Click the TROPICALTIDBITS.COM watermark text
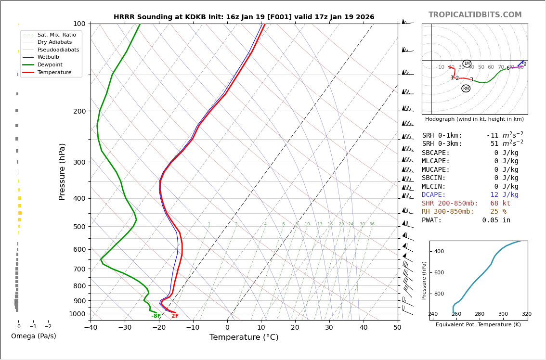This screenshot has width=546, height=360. [x=475, y=15]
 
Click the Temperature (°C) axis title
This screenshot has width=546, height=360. [x=244, y=337]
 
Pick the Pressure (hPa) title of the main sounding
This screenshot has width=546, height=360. [x=63, y=171]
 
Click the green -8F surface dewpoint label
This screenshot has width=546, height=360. [x=156, y=316]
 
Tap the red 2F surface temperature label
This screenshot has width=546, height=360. [x=175, y=316]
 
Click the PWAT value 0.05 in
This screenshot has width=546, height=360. [x=496, y=220]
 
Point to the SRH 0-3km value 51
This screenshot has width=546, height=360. [x=494, y=144]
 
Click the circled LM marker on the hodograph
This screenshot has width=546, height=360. [x=467, y=64]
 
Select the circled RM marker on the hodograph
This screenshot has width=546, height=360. [x=466, y=89]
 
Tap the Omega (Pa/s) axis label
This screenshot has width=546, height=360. [x=33, y=336]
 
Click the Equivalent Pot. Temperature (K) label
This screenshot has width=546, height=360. [x=478, y=325]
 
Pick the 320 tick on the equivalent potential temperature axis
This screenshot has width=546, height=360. [x=527, y=314]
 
